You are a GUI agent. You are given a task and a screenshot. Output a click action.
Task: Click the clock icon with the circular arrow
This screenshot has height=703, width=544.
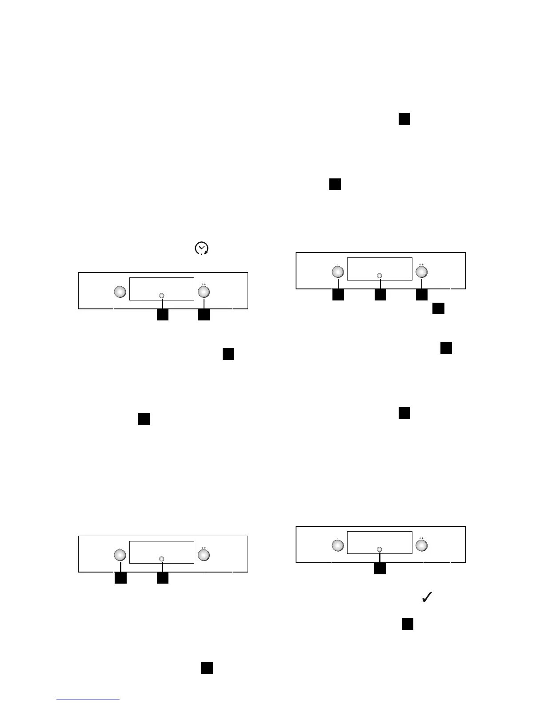[x=202, y=249]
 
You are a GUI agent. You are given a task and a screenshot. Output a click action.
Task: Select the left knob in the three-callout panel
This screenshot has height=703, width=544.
[x=338, y=271]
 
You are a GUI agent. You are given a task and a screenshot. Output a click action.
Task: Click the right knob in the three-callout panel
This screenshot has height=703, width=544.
[x=421, y=271]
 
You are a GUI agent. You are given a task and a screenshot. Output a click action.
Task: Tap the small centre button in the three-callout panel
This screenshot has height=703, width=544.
[x=380, y=276]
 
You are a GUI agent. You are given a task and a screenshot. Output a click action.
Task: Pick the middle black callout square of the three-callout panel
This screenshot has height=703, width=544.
[x=380, y=295]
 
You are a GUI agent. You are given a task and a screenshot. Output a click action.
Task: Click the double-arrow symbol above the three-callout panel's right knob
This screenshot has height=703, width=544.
[x=421, y=264]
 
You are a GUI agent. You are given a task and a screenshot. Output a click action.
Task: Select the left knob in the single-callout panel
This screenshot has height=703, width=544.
[x=338, y=545]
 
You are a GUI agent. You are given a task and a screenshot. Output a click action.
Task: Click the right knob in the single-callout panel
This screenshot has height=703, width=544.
[x=421, y=545]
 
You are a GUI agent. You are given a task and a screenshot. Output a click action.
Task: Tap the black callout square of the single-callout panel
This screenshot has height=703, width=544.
[x=380, y=569]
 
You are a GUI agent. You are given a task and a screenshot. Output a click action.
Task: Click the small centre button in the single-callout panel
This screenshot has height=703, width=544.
[x=380, y=549]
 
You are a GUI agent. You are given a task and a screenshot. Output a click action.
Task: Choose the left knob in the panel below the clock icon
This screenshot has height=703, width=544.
[x=120, y=292]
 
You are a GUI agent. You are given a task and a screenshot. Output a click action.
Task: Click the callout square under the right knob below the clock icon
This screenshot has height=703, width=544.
[x=204, y=315]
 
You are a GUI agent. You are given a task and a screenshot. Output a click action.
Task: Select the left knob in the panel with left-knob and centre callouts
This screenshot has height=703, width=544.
[x=120, y=555]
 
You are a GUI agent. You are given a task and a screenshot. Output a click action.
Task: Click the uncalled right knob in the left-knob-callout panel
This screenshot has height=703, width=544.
[x=204, y=555]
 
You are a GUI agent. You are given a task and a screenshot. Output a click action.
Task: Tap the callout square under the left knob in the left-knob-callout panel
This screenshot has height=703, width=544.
[x=120, y=578]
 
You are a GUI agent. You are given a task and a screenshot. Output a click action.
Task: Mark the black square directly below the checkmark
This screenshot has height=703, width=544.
[x=408, y=624]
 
